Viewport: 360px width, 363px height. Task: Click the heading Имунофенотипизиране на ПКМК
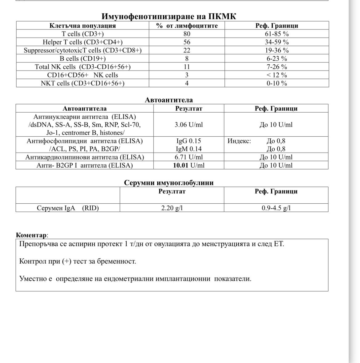(x=168, y=16)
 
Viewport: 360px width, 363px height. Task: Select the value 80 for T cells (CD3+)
(x=187, y=34)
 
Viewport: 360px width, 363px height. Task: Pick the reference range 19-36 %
(x=276, y=50)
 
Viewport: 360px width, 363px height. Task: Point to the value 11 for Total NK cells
(x=187, y=67)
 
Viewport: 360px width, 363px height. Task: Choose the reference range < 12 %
(x=276, y=75)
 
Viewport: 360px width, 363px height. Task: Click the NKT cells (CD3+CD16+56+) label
(x=83, y=83)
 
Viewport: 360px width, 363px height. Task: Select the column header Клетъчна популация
(x=83, y=26)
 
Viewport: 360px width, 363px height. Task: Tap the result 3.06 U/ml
(x=188, y=125)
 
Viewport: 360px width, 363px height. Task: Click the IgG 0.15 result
(x=188, y=141)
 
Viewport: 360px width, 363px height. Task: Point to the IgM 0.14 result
(x=188, y=149)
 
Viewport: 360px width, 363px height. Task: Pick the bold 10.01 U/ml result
(x=188, y=165)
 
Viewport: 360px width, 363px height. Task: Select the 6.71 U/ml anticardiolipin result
(x=188, y=157)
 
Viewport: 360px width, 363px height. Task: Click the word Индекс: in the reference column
(x=239, y=141)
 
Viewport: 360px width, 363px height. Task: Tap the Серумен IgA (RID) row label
(x=68, y=208)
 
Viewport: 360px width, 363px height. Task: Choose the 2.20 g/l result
(x=172, y=208)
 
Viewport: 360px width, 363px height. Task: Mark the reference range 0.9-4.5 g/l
(x=276, y=208)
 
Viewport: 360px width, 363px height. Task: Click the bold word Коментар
(x=31, y=235)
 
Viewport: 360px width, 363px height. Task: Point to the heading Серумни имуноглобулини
(x=168, y=183)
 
